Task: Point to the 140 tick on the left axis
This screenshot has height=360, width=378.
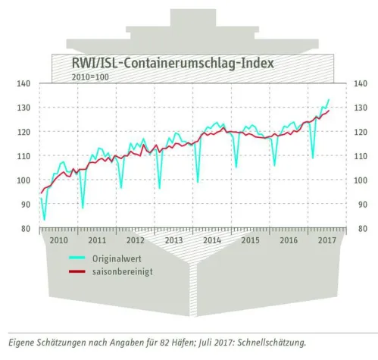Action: coord(23,83)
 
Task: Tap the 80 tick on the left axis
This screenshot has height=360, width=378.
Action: coord(23,229)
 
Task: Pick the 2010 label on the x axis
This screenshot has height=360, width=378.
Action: coord(58,240)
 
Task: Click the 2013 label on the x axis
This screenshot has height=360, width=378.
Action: coord(173,240)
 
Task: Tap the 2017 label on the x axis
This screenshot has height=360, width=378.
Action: coord(327,240)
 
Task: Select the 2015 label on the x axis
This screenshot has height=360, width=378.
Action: coord(250,240)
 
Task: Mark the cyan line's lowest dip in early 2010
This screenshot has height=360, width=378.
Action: coord(44,219)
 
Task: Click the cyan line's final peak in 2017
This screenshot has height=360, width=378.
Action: coord(329,99)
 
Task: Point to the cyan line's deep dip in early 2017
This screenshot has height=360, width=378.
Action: coord(312,158)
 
